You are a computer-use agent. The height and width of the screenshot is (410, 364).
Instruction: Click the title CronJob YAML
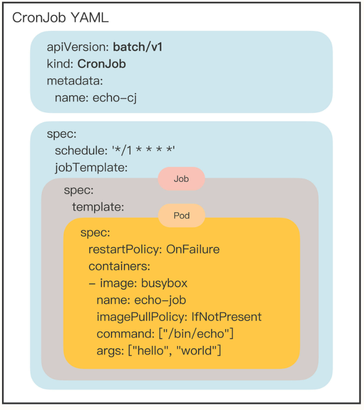coord(60,18)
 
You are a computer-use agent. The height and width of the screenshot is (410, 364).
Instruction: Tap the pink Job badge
coord(181,179)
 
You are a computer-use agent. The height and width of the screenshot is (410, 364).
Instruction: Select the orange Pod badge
coord(181,216)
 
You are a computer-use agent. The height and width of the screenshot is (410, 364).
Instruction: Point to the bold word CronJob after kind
coord(102,64)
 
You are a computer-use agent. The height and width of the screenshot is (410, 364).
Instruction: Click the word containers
coord(119,266)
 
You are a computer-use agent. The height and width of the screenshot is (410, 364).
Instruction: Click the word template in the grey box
coord(98,207)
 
